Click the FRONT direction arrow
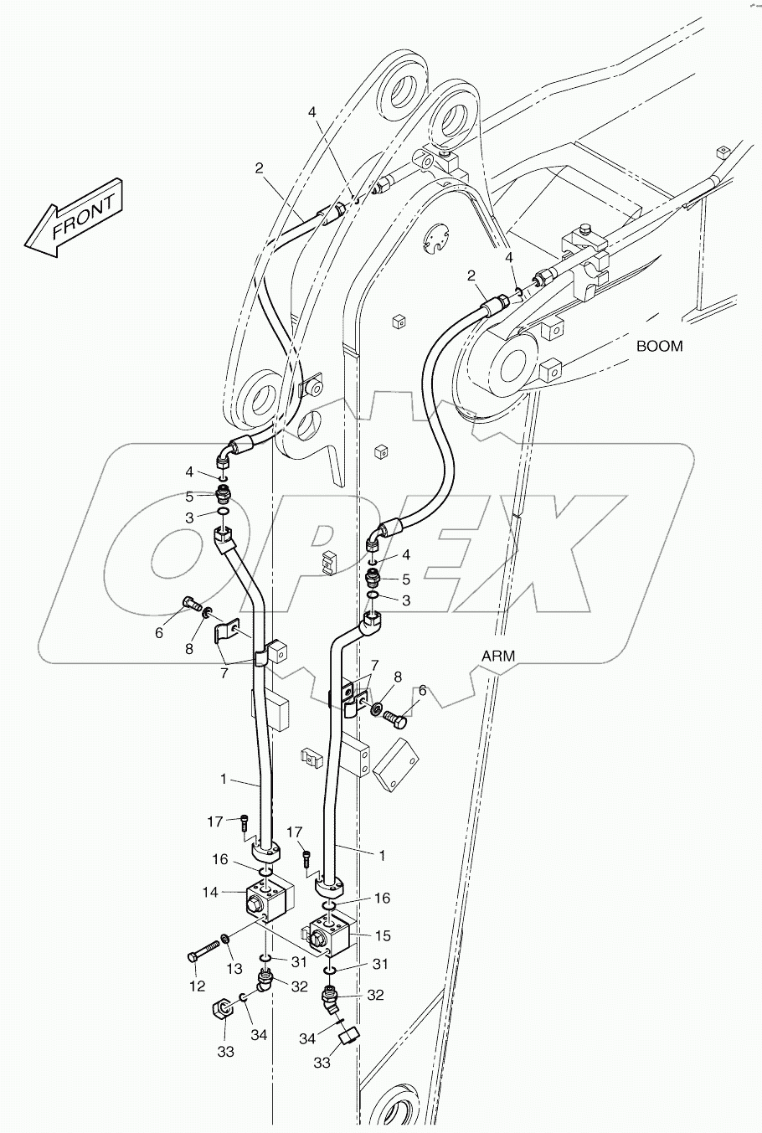(x=74, y=215)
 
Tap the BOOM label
(x=659, y=345)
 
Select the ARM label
(x=498, y=656)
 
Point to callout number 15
(x=384, y=935)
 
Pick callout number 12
(x=197, y=986)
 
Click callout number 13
(x=234, y=969)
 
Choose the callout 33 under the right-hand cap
(x=322, y=1063)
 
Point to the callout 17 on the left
(x=214, y=821)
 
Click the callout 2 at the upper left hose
(x=260, y=167)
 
